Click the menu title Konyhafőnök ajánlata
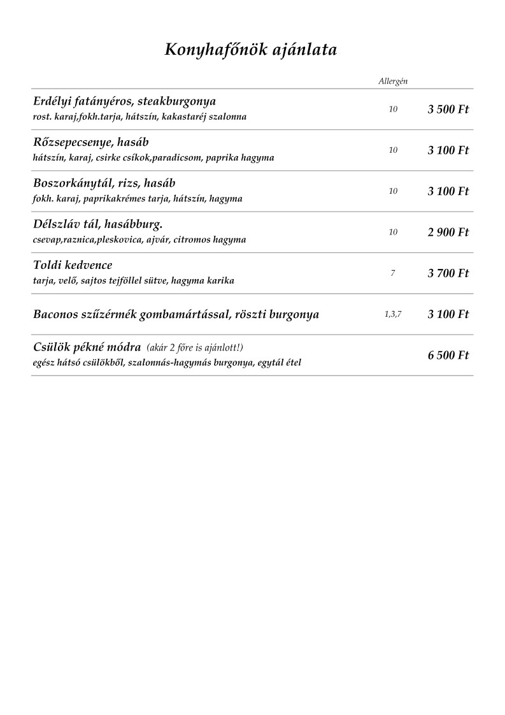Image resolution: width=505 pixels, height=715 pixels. point(251,50)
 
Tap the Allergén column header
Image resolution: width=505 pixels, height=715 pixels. point(393,81)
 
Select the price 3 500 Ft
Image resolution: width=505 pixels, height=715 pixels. point(448,110)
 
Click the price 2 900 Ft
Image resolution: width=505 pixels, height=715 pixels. point(448,233)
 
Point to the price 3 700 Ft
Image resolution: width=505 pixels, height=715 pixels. point(448,273)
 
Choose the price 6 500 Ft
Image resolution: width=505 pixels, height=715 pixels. point(448,355)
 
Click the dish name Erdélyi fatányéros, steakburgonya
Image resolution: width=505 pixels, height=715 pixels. point(124,101)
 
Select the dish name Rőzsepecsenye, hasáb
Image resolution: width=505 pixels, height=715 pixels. point(90,142)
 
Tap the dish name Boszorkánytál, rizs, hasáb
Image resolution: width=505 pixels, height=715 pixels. point(104,184)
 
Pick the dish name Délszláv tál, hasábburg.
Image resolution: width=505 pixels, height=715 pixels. point(98,224)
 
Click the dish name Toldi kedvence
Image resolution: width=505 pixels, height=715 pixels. point(73,265)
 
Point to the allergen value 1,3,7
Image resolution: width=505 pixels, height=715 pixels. point(393,314)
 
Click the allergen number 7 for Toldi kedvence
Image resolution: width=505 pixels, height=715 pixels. point(393,273)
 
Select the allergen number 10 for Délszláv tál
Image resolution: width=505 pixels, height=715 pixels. point(393,233)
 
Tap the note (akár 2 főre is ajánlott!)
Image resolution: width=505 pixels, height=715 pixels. point(195,348)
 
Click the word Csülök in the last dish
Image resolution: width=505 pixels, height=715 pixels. point(50,347)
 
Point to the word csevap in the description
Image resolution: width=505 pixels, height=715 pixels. point(46,240)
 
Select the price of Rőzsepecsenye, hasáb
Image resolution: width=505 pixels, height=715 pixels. point(448,150)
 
